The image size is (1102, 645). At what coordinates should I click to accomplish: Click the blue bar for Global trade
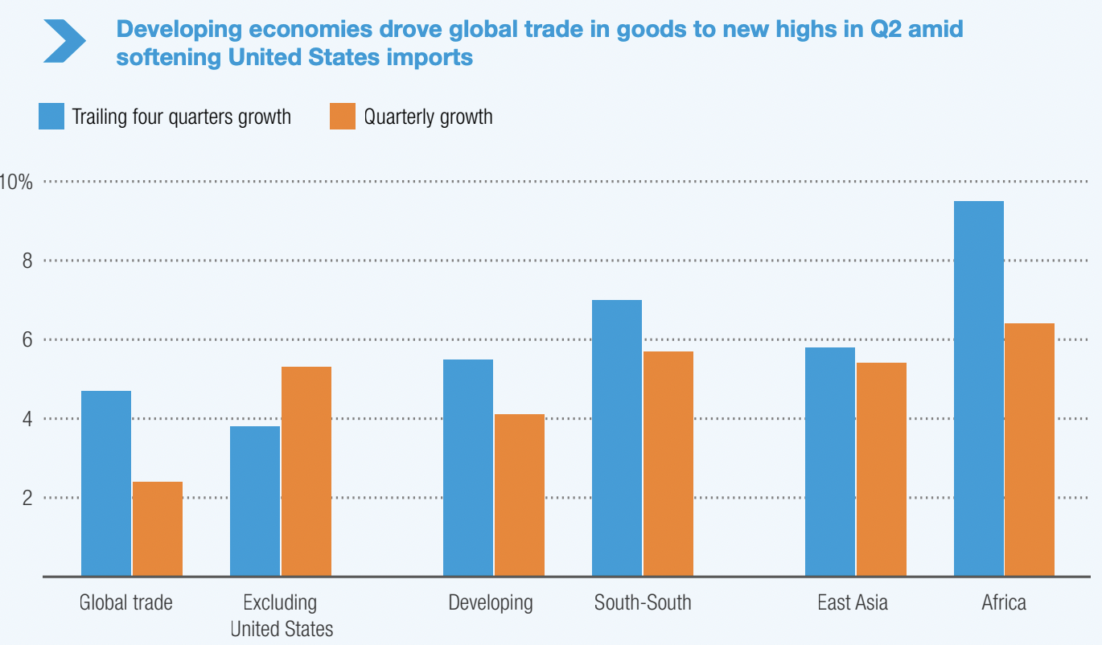[x=106, y=483]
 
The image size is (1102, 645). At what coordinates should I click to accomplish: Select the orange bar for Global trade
[x=158, y=528]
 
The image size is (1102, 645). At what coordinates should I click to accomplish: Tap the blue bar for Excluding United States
[x=255, y=501]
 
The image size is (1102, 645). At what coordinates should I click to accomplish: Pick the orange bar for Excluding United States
[x=306, y=471]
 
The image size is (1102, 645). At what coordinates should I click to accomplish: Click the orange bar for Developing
[x=520, y=495]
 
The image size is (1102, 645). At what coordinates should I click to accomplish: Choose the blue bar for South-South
[x=617, y=438]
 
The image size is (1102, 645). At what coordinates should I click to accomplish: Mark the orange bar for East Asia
[x=882, y=469]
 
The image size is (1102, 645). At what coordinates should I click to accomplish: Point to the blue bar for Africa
[x=979, y=388]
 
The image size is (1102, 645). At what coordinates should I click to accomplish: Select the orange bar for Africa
[x=1030, y=450]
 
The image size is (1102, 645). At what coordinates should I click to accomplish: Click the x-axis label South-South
[x=643, y=602]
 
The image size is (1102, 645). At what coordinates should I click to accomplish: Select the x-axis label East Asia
[x=853, y=602]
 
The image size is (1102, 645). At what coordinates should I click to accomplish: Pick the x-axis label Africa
[x=1004, y=602]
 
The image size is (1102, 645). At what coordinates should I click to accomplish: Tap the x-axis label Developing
[x=491, y=602]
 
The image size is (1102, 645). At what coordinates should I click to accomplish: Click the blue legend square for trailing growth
[x=51, y=117]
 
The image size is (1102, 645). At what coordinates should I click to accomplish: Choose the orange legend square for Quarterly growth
[x=343, y=117]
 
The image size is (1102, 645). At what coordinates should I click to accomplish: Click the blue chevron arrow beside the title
[x=64, y=41]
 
